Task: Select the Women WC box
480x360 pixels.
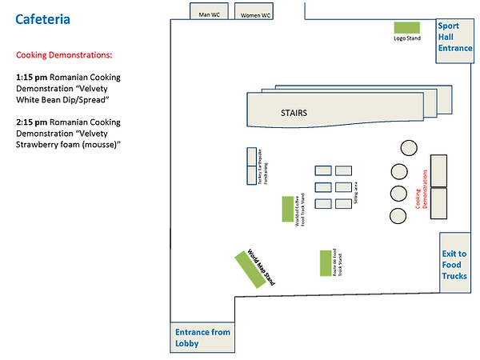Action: point(256,12)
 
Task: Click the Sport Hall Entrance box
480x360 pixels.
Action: point(454,37)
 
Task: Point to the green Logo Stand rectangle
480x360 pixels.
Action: point(407,27)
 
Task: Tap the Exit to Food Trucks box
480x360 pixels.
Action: point(454,265)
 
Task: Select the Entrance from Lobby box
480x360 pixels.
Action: point(202,338)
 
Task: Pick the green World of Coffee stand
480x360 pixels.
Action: point(286,209)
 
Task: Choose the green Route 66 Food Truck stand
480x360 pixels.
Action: point(325,262)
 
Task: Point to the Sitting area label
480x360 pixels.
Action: point(356,194)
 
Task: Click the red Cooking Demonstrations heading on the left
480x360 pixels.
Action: point(64,55)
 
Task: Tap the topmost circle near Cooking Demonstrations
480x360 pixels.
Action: point(408,148)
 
